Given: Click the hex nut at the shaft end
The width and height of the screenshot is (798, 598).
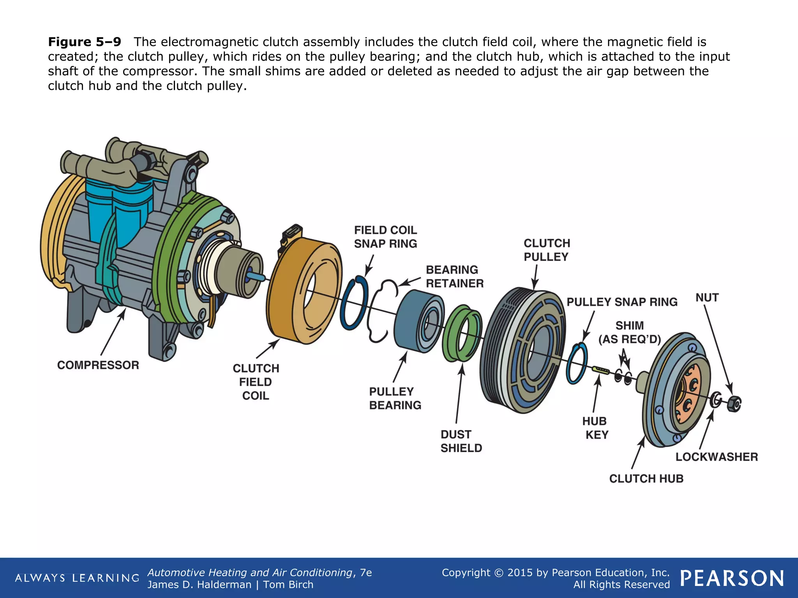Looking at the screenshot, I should (x=734, y=404).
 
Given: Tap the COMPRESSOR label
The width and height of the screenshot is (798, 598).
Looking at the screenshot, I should (x=98, y=365).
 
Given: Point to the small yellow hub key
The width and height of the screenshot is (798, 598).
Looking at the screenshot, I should (x=600, y=369).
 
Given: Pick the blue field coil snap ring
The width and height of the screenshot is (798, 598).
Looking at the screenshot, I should (x=353, y=304).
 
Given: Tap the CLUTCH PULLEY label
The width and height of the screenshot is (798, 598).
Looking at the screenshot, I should (x=546, y=250).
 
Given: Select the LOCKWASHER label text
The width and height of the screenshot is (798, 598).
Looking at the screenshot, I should (x=716, y=457).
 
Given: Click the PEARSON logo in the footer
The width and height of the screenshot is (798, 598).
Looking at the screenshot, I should (x=732, y=578).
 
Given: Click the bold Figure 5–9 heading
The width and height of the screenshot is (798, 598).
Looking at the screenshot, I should (x=85, y=42).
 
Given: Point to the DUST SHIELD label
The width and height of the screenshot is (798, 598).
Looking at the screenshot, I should (x=461, y=441).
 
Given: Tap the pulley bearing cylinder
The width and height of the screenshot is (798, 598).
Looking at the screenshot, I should (x=417, y=323).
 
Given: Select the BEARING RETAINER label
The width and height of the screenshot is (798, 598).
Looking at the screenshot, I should (x=454, y=276).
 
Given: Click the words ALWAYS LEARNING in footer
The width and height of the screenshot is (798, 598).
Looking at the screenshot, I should (x=77, y=578).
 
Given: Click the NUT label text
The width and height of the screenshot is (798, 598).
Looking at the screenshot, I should (x=707, y=298).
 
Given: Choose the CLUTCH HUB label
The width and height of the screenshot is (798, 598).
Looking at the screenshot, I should (x=646, y=478).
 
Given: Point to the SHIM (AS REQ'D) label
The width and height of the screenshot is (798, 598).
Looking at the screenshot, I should (x=629, y=332).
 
